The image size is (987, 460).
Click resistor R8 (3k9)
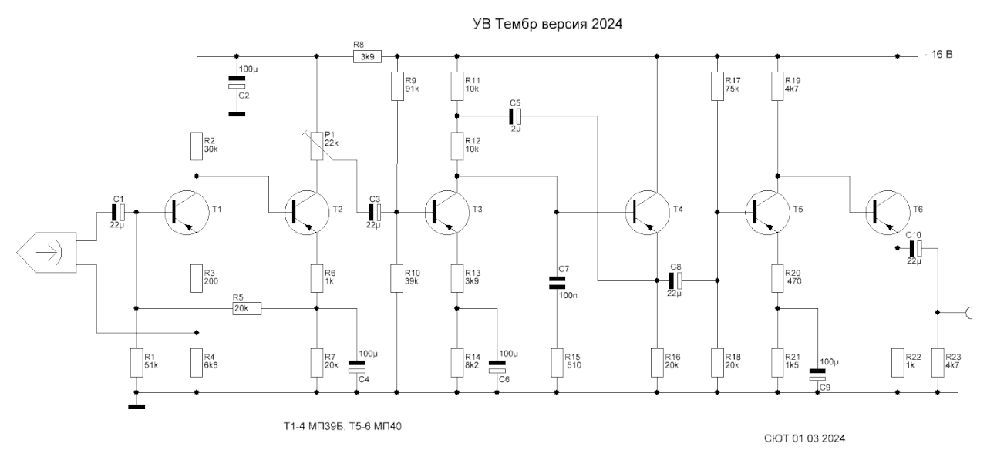(368, 56)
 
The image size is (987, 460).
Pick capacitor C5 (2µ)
(514, 116)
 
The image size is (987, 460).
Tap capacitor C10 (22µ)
(914, 248)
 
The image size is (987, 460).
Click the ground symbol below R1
(136, 407)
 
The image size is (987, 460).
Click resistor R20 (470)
(777, 277)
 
